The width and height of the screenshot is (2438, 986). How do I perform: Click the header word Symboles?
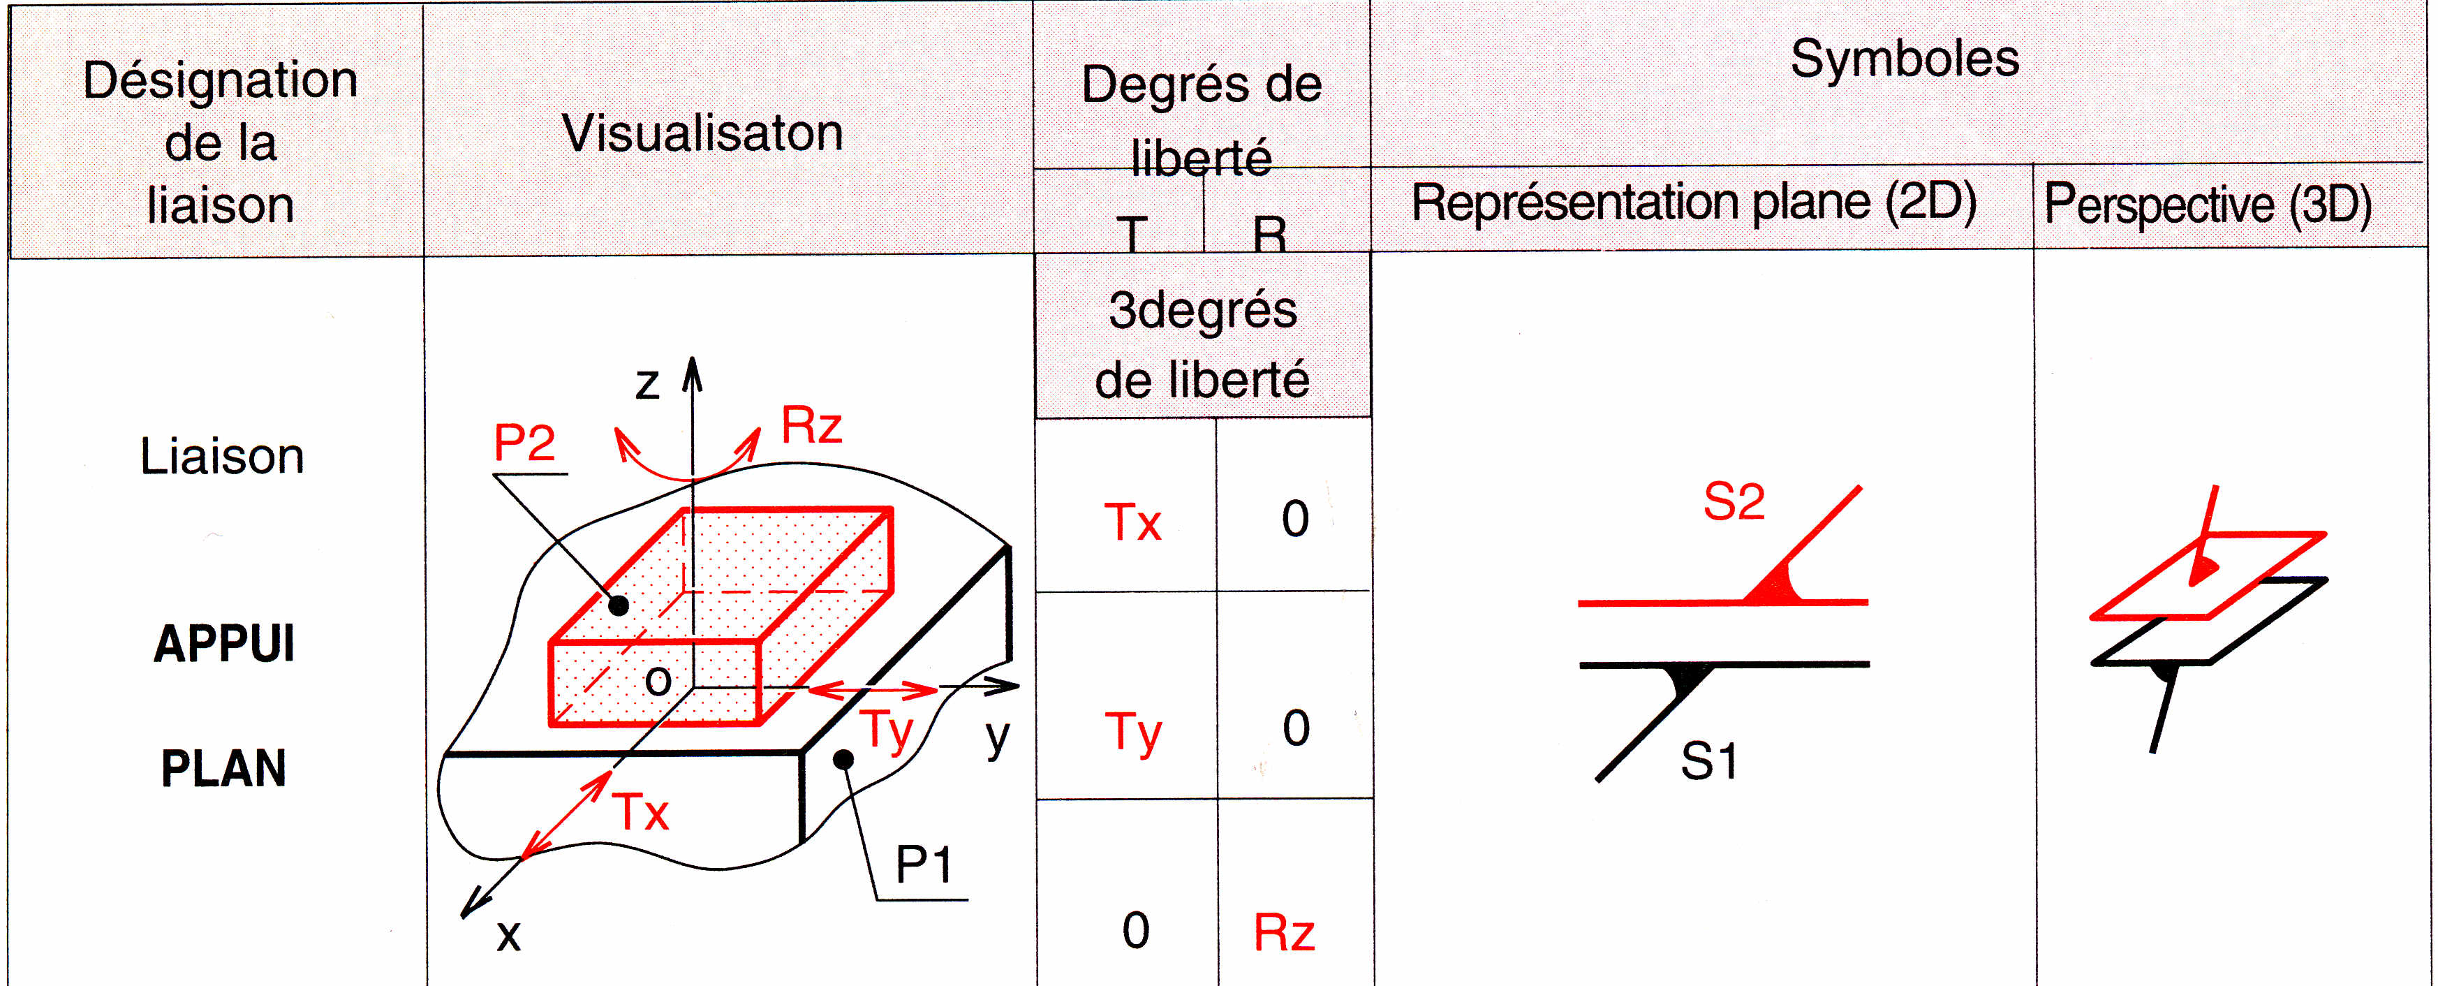click(x=1904, y=59)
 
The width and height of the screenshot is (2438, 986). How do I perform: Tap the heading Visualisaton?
click(x=702, y=133)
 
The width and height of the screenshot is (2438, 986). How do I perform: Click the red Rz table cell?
click(x=1283, y=933)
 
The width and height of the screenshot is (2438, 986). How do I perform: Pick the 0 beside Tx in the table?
click(x=1294, y=520)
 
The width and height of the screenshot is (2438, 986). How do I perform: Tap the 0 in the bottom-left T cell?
click(x=1136, y=931)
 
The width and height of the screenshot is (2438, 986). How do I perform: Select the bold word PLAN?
click(x=223, y=768)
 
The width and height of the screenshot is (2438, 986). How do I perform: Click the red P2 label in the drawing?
click(x=524, y=442)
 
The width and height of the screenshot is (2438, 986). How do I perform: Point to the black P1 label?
click(x=923, y=864)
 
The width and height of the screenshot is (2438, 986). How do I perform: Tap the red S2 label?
click(x=1734, y=501)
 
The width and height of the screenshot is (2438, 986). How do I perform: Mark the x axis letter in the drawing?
click(x=509, y=936)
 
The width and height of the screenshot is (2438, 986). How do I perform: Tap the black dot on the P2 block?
click(x=618, y=605)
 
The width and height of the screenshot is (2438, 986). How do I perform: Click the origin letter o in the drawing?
click(x=658, y=680)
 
